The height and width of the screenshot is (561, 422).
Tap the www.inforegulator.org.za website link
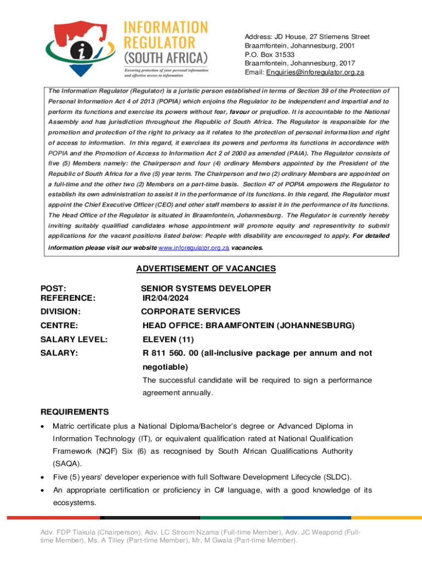click(193, 248)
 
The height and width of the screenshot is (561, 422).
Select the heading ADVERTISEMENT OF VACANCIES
click(206, 268)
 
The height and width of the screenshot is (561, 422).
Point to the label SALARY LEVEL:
click(73, 340)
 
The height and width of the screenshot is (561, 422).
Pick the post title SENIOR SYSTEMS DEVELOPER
click(206, 288)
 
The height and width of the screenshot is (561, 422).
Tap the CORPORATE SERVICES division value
click(190, 312)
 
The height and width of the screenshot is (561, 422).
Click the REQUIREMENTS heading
click(75, 412)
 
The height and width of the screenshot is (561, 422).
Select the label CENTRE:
click(59, 326)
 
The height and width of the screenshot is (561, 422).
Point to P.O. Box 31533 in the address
click(269, 55)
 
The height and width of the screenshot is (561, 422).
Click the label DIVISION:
click(60, 312)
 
